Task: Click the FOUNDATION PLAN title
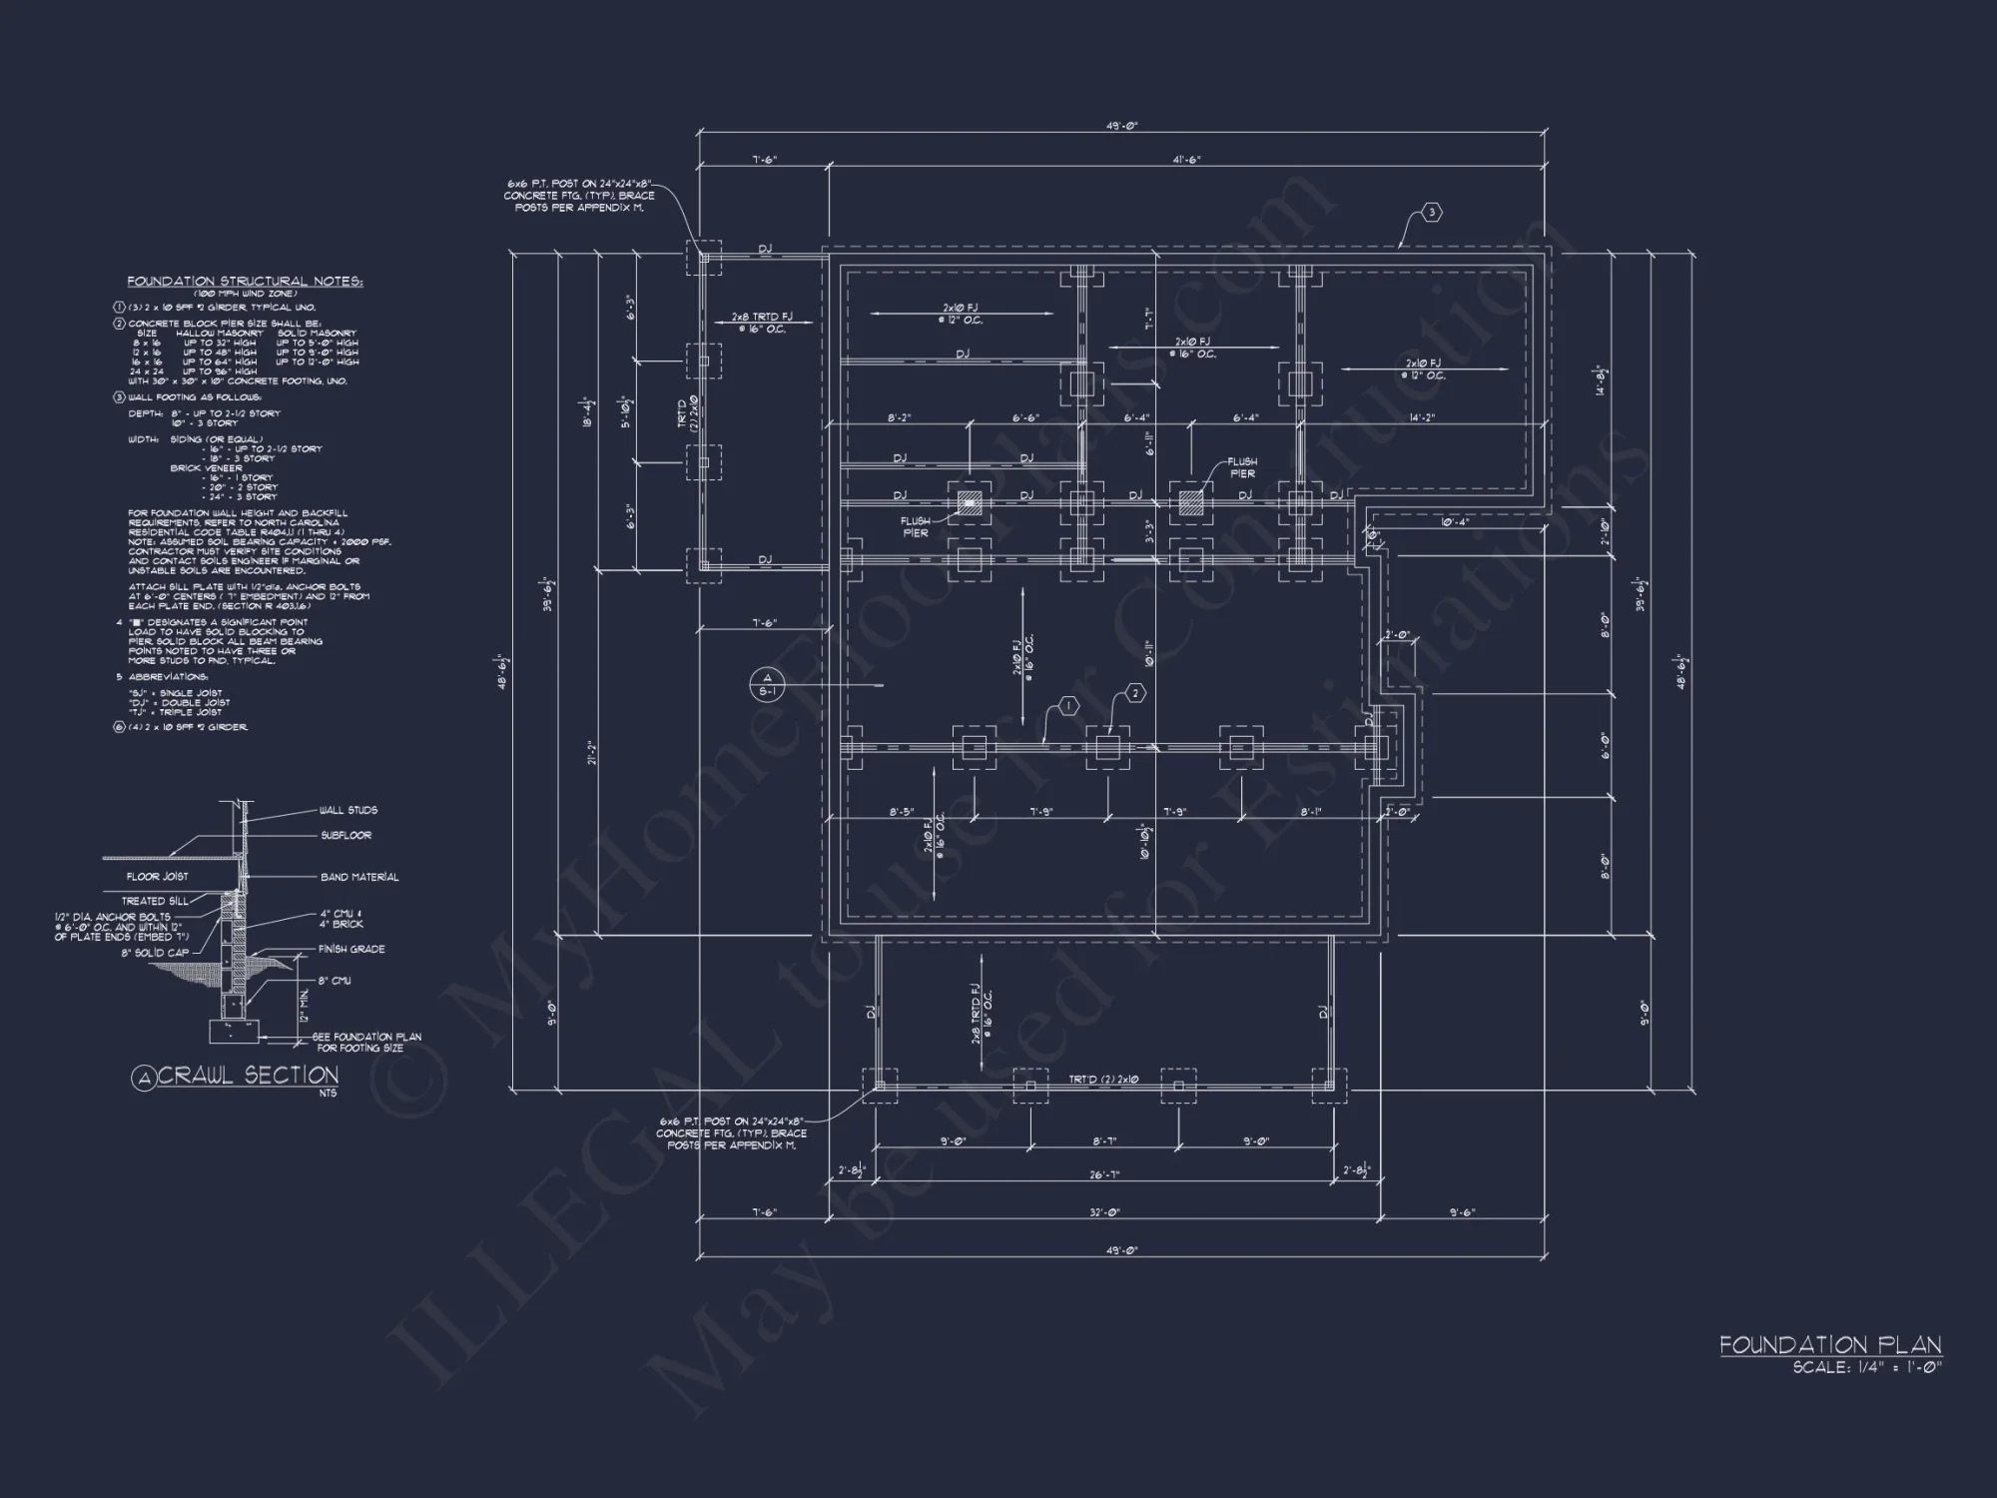click(x=1829, y=1345)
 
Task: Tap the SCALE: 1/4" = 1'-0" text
click(x=1866, y=1368)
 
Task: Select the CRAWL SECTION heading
click(x=248, y=1076)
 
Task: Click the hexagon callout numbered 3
click(x=1431, y=212)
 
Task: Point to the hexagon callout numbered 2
click(x=1134, y=692)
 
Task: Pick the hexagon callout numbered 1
click(x=1067, y=707)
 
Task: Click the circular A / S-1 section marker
click(x=767, y=684)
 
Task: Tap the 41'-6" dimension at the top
click(x=1186, y=159)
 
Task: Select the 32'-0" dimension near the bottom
click(x=1103, y=1212)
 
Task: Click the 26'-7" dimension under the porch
click(x=1103, y=1175)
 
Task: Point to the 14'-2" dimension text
click(x=1422, y=417)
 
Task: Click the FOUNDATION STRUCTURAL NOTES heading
click(x=245, y=282)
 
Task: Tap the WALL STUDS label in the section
click(x=347, y=810)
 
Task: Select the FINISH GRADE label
click(x=351, y=949)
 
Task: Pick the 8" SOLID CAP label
click(x=155, y=953)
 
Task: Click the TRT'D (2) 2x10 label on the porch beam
click(x=1103, y=1080)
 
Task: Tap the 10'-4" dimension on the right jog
click(x=1454, y=522)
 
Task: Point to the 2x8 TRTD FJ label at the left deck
click(x=761, y=317)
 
